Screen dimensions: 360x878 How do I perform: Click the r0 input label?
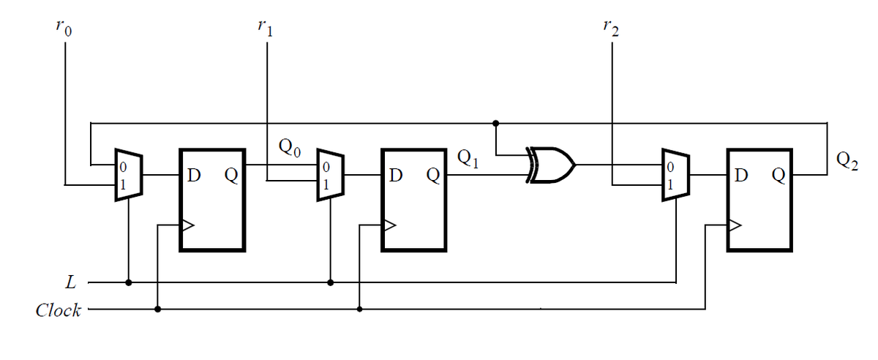pos(65,29)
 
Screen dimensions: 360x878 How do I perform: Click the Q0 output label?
pos(290,149)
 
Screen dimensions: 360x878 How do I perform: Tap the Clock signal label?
pos(58,310)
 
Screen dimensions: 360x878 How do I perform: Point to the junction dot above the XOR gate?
pos(496,122)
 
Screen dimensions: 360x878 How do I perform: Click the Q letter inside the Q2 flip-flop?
pos(778,176)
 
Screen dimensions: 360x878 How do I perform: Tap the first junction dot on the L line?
pos(129,282)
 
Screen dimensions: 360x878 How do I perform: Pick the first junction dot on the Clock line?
pos(158,310)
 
